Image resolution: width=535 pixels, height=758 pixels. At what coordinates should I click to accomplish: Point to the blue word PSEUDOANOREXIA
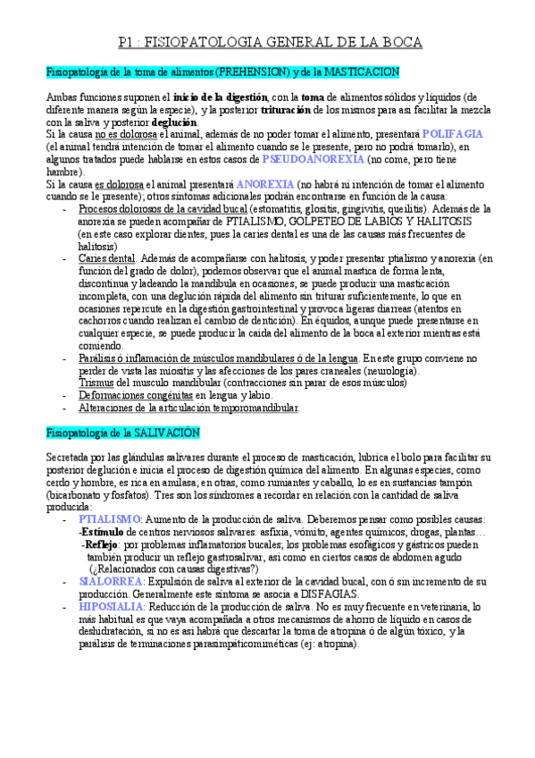(x=313, y=158)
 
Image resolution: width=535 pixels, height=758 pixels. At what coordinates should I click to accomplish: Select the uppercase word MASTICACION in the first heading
(x=360, y=72)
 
